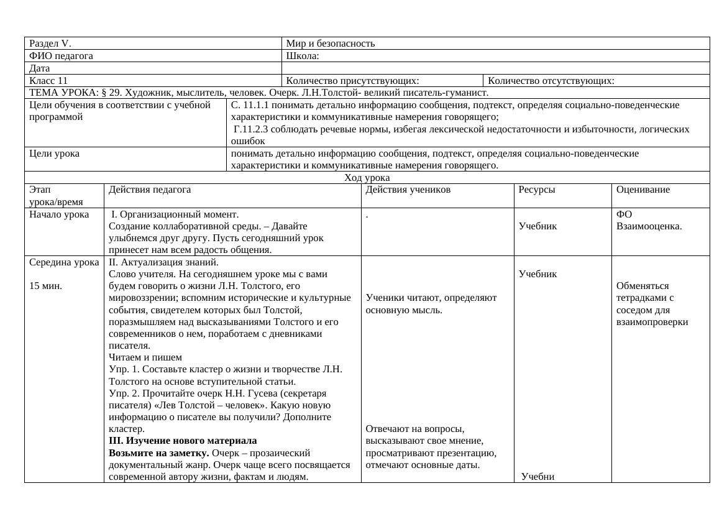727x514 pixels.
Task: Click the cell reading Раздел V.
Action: coord(50,44)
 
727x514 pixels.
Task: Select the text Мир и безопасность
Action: coord(330,44)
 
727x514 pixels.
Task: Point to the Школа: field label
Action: coord(303,56)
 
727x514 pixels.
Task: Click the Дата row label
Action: coord(39,68)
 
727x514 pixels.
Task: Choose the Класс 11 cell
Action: coord(48,80)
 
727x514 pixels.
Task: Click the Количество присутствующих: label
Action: coord(352,80)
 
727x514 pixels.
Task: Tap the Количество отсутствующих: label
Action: coord(551,80)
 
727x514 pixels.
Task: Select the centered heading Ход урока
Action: coord(367,178)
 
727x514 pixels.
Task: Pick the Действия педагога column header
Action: coord(150,190)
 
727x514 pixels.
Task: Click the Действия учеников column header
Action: coord(408,190)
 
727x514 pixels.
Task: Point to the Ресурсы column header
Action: coord(537,190)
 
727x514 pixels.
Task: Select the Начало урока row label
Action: coord(59,214)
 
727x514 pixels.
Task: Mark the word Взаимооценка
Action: coord(649,226)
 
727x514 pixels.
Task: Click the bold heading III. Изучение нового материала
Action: coord(183,441)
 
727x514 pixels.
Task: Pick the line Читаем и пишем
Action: coord(145,357)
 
